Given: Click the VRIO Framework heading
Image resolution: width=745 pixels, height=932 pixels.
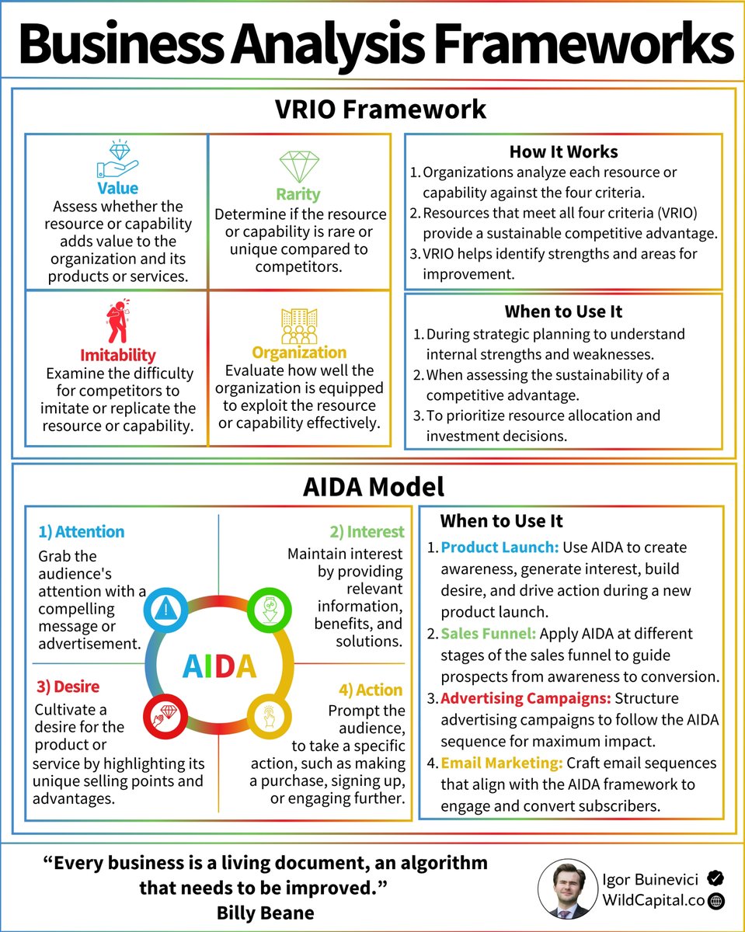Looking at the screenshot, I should pyautogui.click(x=381, y=109).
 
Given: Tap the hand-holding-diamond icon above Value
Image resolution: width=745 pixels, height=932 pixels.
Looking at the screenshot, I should pyautogui.click(x=117, y=161).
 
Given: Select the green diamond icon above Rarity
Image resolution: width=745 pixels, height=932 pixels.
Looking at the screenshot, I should pyautogui.click(x=298, y=166).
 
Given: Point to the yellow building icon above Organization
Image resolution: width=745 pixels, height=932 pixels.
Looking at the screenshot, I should pyautogui.click(x=299, y=325).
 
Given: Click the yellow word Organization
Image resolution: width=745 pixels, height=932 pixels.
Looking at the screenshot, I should pyautogui.click(x=298, y=353).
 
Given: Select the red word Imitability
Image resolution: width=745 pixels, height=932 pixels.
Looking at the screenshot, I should pyautogui.click(x=117, y=356).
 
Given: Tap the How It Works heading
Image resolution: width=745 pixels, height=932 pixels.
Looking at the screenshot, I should pyautogui.click(x=563, y=151).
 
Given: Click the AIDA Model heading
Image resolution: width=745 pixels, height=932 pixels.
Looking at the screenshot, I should pyautogui.click(x=373, y=487).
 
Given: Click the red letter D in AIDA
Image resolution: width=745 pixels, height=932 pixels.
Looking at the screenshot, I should pyautogui.click(x=225, y=666).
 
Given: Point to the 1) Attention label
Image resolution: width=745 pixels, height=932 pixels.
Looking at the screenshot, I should pyautogui.click(x=81, y=532).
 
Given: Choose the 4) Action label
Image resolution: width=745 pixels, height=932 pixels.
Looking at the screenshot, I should pyautogui.click(x=370, y=690).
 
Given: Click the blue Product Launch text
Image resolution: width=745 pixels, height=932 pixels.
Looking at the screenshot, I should pyautogui.click(x=500, y=548).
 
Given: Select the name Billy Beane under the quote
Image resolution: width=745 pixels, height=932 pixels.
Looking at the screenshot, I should pyautogui.click(x=266, y=913).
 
